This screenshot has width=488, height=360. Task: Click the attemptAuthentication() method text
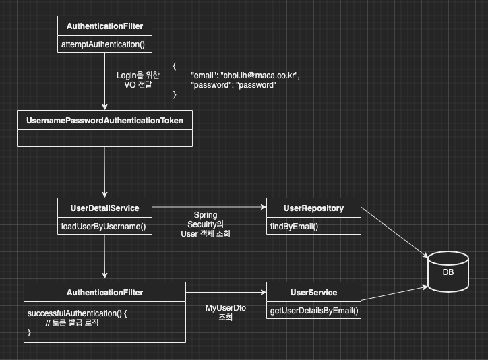pyautogui.click(x=104, y=45)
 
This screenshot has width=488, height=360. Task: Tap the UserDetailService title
pyautogui.click(x=104, y=208)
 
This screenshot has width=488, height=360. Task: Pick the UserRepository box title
pyautogui.click(x=313, y=208)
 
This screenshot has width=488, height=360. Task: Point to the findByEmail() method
pyautogui.click(x=294, y=227)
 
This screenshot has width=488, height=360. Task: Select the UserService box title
pyautogui.click(x=313, y=292)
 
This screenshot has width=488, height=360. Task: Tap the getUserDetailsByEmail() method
pyautogui.click(x=314, y=311)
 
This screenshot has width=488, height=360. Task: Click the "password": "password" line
pyautogui.click(x=234, y=85)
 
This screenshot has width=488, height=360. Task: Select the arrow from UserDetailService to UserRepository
pyautogui.click(x=209, y=208)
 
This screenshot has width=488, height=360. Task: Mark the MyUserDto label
pyautogui.click(x=225, y=307)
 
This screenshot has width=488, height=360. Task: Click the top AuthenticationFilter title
pyautogui.click(x=104, y=26)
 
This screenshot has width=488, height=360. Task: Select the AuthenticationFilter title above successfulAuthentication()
pyautogui.click(x=104, y=292)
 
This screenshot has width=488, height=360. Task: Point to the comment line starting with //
pyautogui.click(x=71, y=323)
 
